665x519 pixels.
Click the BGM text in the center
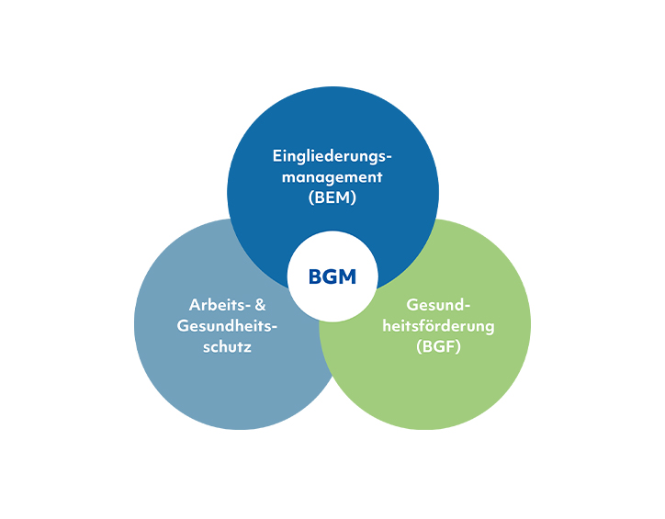click(x=332, y=276)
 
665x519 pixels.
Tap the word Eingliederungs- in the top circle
click(x=332, y=154)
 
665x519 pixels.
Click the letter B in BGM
click(x=315, y=276)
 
